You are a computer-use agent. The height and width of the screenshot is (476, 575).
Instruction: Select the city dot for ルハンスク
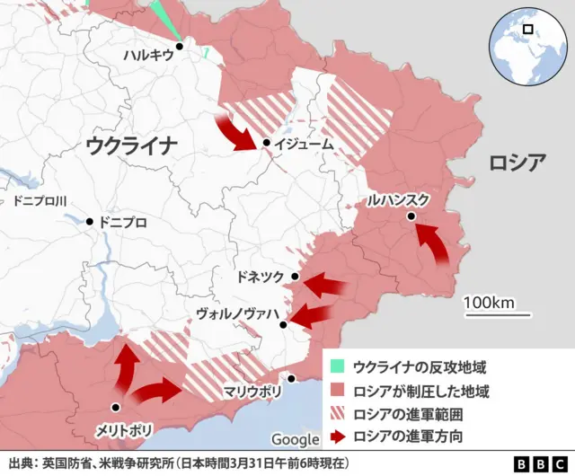pos(411,216)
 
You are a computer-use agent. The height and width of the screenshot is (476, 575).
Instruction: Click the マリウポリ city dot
pos(290,378)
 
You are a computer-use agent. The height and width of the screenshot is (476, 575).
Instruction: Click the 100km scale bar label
pos(489,302)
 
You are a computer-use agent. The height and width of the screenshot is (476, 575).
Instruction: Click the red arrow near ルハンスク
pos(436,243)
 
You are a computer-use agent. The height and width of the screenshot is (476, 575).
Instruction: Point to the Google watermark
pos(295,439)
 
